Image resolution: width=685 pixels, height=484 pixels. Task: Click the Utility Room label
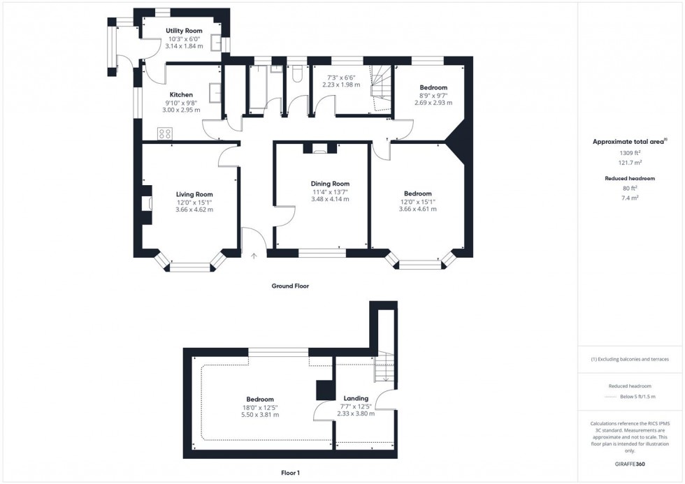click(185, 31)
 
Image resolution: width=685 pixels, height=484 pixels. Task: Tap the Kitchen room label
click(181, 95)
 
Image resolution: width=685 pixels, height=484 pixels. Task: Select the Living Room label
click(194, 194)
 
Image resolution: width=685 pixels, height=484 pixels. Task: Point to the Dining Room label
click(330, 184)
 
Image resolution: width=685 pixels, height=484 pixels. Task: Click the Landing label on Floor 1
click(356, 399)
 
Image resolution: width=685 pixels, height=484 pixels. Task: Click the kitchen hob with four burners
click(165, 133)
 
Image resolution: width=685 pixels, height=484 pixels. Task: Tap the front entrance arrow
click(254, 256)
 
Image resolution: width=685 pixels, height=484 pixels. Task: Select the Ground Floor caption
click(290, 286)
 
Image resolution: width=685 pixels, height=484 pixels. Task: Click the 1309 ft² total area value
click(630, 152)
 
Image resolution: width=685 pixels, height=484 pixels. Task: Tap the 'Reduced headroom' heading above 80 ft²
click(630, 179)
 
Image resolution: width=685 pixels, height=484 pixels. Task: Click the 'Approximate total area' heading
click(629, 142)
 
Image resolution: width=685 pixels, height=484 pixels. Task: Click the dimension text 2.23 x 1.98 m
click(341, 85)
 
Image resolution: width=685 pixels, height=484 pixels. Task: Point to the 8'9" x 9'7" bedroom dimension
click(433, 95)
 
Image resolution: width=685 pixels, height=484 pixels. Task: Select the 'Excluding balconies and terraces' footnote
click(630, 359)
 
